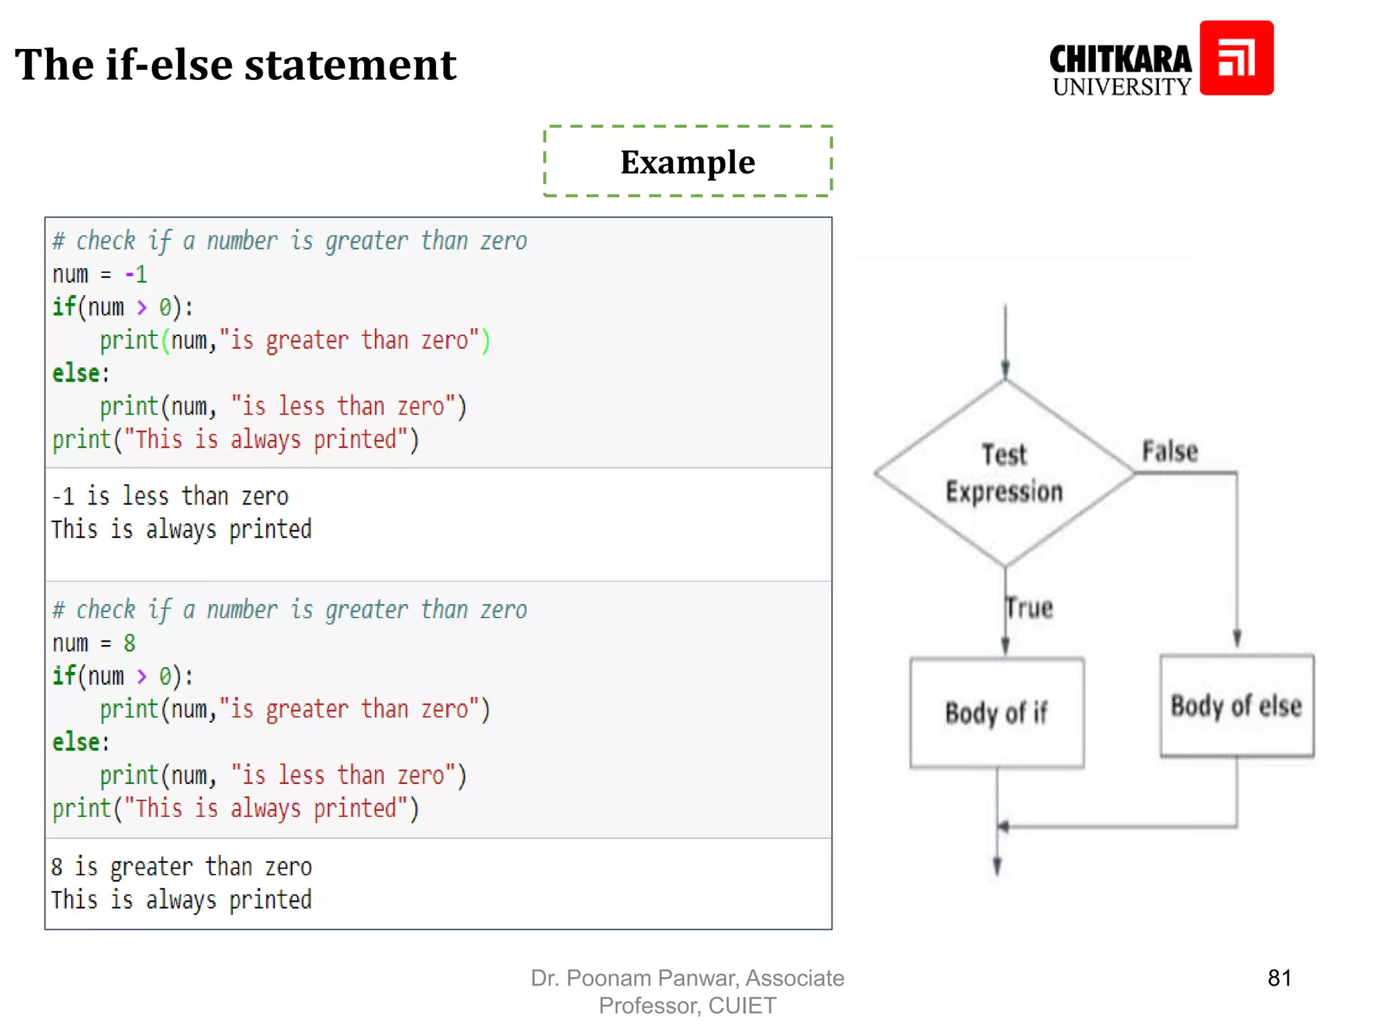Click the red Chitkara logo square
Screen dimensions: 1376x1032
(1236, 58)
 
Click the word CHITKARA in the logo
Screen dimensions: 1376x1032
(1120, 60)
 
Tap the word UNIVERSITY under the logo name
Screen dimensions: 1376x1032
(1121, 87)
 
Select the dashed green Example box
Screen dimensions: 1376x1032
(687, 162)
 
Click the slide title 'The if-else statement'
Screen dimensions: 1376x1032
(235, 65)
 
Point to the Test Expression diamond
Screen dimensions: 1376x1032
(1004, 473)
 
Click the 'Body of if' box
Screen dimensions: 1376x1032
(996, 713)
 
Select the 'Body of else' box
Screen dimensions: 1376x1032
(1236, 706)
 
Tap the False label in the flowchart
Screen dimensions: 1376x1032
(1170, 451)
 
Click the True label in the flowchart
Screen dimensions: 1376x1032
(1029, 608)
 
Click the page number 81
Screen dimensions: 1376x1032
(1279, 978)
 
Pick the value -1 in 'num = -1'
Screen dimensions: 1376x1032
(136, 274)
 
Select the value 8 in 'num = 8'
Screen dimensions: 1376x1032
(130, 643)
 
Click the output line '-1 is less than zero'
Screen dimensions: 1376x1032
(171, 497)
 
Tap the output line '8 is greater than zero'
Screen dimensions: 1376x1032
(181, 867)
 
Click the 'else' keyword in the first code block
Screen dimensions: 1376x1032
(76, 374)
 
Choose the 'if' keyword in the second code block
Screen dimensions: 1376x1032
(64, 675)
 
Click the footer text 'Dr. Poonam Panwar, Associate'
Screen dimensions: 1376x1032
(687, 978)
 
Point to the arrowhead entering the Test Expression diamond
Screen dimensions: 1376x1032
(1005, 370)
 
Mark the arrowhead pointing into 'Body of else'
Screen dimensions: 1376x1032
(1236, 638)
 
